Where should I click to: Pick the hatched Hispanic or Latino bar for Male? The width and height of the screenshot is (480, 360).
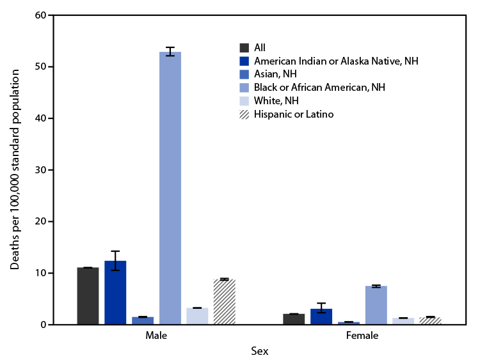[x=225, y=302]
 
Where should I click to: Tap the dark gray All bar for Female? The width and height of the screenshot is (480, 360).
[x=294, y=319]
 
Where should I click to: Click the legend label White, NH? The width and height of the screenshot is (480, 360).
[x=276, y=101]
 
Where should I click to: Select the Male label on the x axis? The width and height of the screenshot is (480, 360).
[x=156, y=335]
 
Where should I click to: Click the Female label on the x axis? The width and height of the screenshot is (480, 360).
[x=363, y=335]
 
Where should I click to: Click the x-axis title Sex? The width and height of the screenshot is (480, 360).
[x=259, y=350]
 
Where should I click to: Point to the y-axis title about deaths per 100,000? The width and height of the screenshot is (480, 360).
[x=15, y=169]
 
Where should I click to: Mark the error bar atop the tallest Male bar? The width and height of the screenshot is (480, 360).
[x=170, y=52]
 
